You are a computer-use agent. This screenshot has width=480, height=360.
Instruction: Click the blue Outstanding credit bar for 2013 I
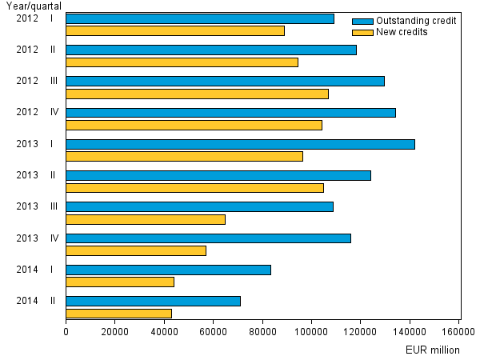click(240, 144)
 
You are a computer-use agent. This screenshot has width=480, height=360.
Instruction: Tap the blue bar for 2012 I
click(200, 18)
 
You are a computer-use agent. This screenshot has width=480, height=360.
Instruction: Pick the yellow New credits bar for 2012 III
click(197, 94)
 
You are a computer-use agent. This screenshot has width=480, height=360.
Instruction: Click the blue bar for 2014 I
click(168, 270)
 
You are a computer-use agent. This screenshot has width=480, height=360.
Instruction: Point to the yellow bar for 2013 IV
click(136, 250)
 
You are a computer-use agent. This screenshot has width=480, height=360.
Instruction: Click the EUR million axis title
click(432, 350)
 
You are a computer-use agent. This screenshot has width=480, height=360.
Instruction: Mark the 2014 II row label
click(37, 301)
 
